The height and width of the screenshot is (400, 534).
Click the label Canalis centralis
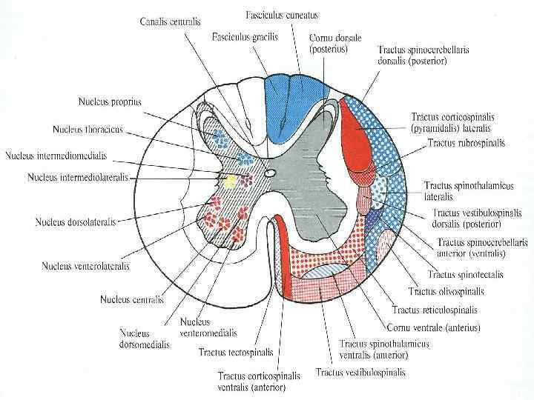[x=171, y=22]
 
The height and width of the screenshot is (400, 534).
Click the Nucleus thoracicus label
[x=88, y=130]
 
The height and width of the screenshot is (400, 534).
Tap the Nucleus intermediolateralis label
[x=78, y=178]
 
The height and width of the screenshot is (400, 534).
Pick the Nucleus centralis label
[x=132, y=299]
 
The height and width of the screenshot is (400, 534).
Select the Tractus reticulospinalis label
[x=435, y=310]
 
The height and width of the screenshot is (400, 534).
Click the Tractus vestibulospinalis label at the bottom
[x=360, y=371]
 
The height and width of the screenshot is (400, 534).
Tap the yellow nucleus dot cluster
[x=231, y=180]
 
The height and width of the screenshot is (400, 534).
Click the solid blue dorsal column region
[x=278, y=107]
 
